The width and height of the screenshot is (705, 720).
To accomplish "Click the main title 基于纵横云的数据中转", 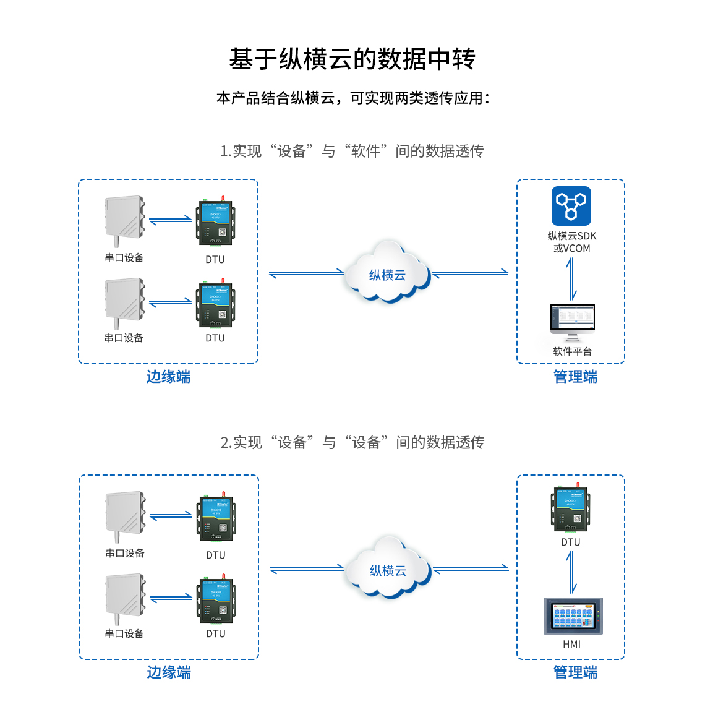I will coord(352,59).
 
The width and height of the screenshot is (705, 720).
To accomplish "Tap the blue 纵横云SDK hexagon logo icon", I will coord(571,206).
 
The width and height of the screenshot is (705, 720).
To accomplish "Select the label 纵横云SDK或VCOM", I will coord(572,242).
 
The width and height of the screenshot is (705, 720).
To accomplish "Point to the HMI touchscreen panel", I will coord(573,616).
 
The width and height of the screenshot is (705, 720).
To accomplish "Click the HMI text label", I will coord(572,645).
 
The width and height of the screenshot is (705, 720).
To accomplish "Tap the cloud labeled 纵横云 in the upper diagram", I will coord(388,273).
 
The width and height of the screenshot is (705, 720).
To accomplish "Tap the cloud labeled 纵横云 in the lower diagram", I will coord(388,569).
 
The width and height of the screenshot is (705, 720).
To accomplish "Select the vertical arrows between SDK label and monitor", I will coord(572,278).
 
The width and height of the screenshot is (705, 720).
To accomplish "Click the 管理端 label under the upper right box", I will coord(575,377).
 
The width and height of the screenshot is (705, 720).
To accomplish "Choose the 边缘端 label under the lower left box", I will coord(169,672).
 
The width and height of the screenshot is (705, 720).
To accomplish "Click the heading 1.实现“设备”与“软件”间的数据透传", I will coord(352,152).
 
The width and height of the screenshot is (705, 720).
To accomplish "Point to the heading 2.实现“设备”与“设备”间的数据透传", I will coord(352,443).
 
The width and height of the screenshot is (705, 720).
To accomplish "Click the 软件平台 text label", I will coord(573,351).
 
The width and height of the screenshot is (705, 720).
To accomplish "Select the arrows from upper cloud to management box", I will coord(471,273).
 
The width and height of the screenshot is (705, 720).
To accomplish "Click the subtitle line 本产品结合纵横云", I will coord(352,98).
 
